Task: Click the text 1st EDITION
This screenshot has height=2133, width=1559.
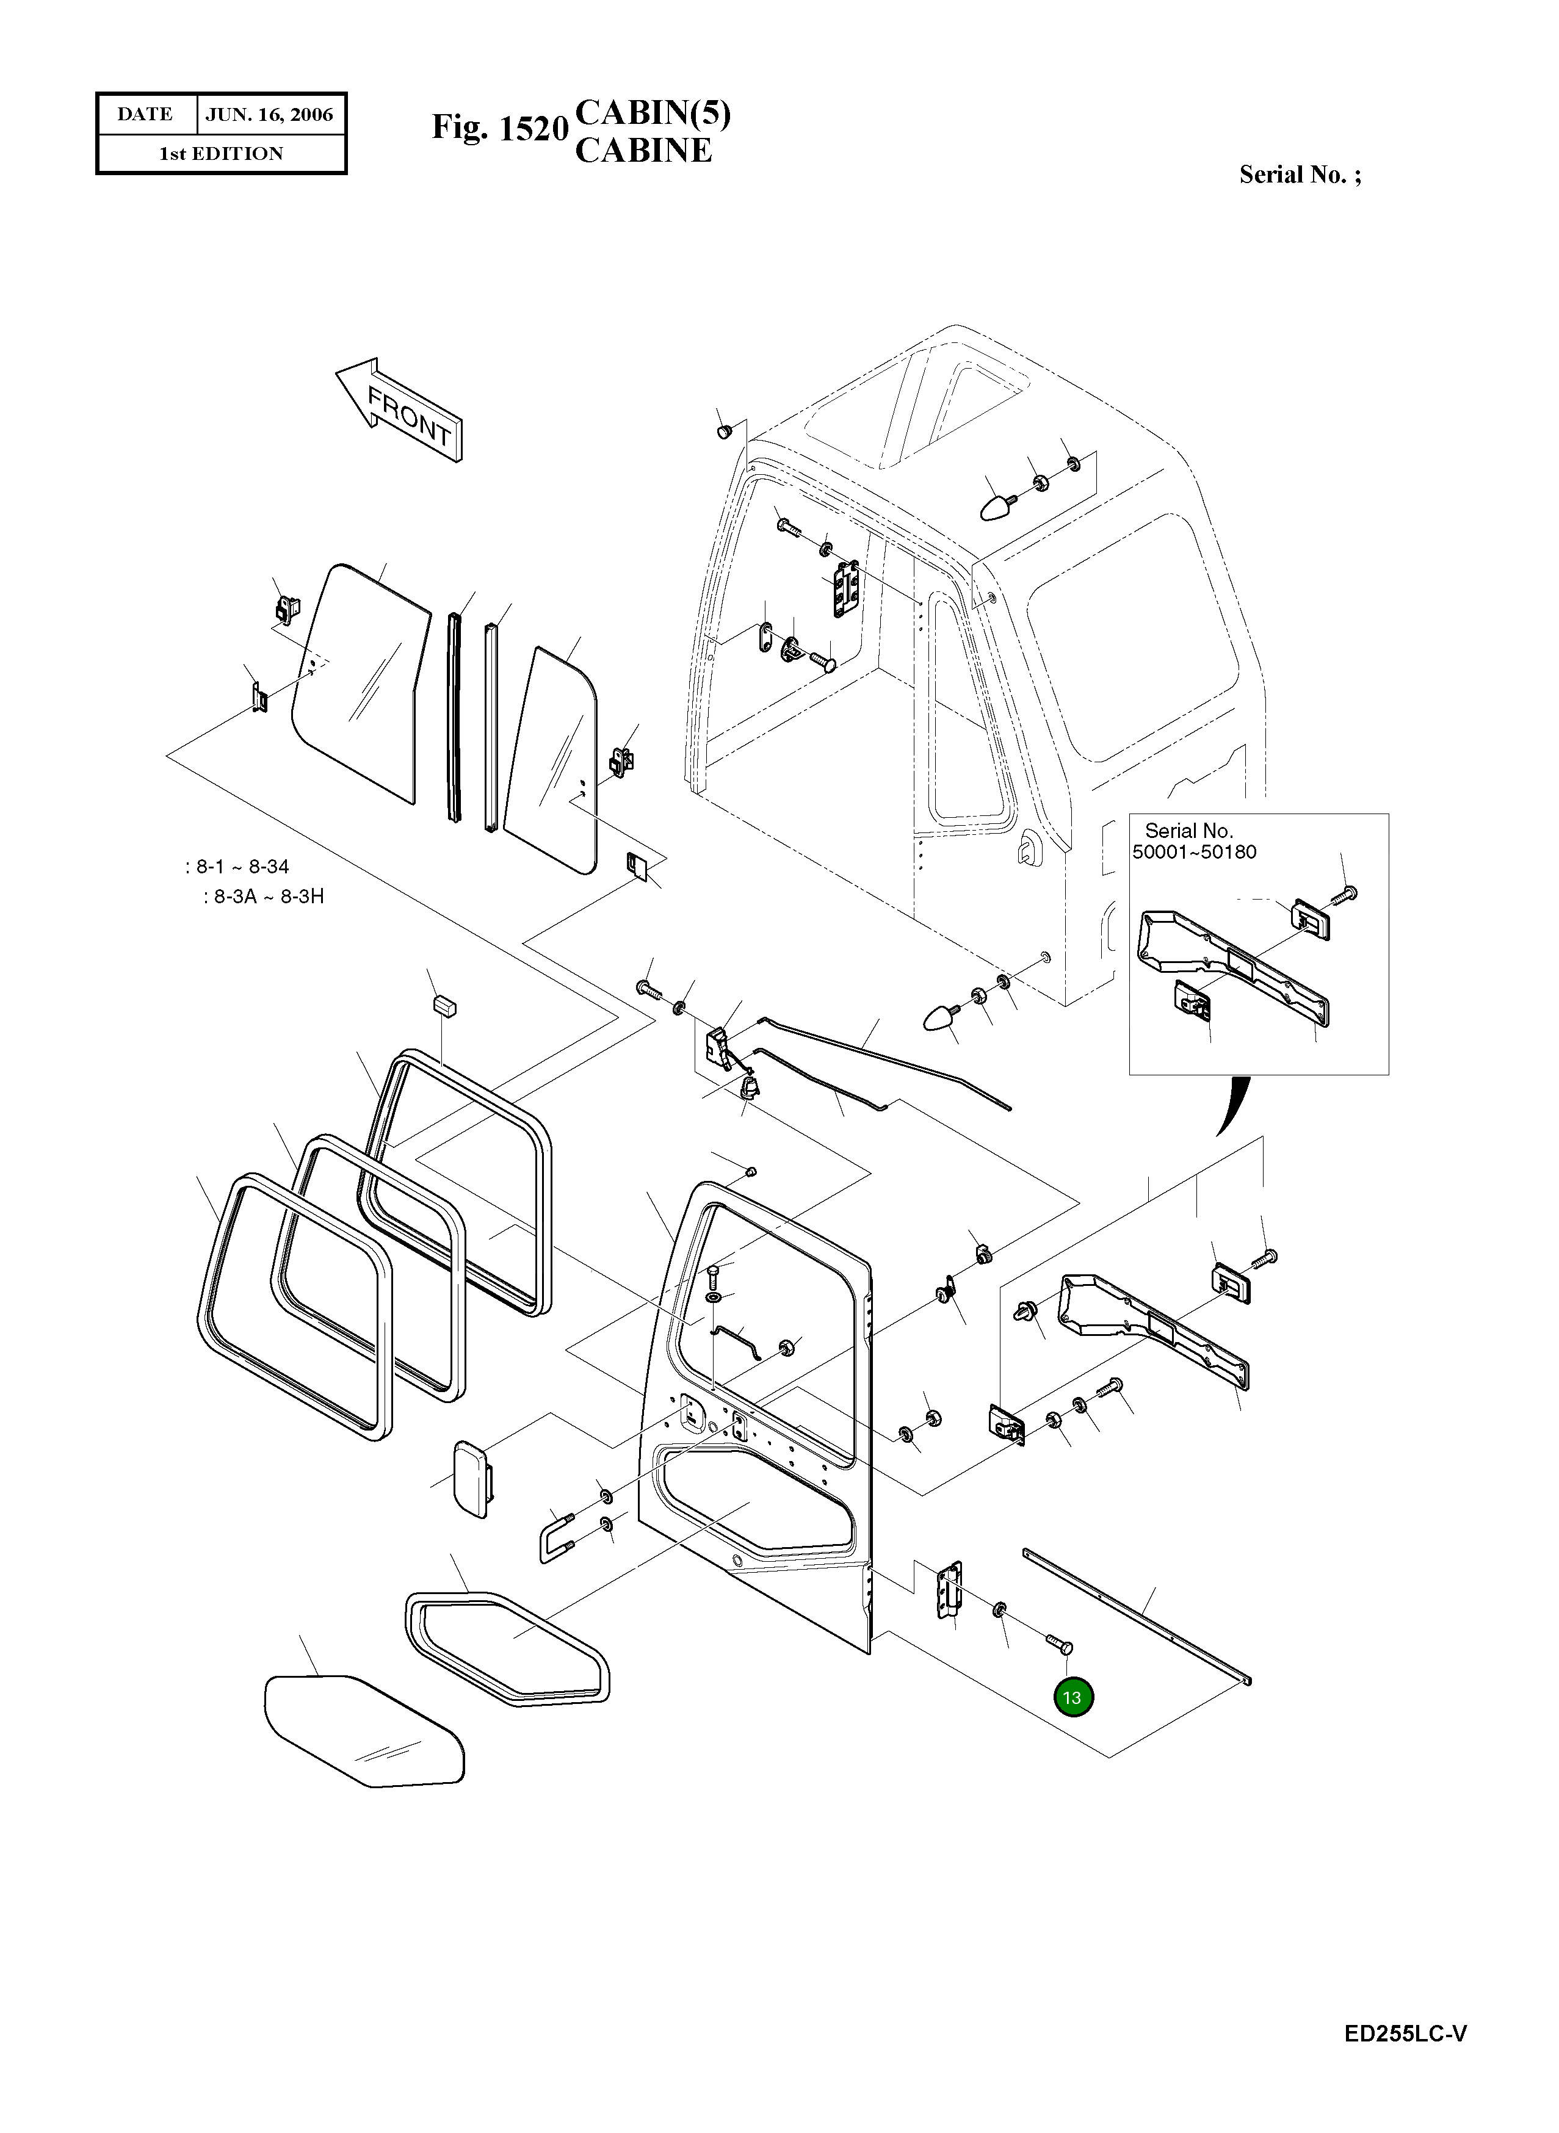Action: click(221, 154)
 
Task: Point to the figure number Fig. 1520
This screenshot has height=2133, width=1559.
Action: click(500, 128)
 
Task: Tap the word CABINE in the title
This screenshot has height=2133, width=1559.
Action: click(643, 151)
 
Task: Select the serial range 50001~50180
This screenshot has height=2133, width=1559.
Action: click(1194, 853)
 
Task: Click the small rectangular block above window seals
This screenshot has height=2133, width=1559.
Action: click(444, 1005)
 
